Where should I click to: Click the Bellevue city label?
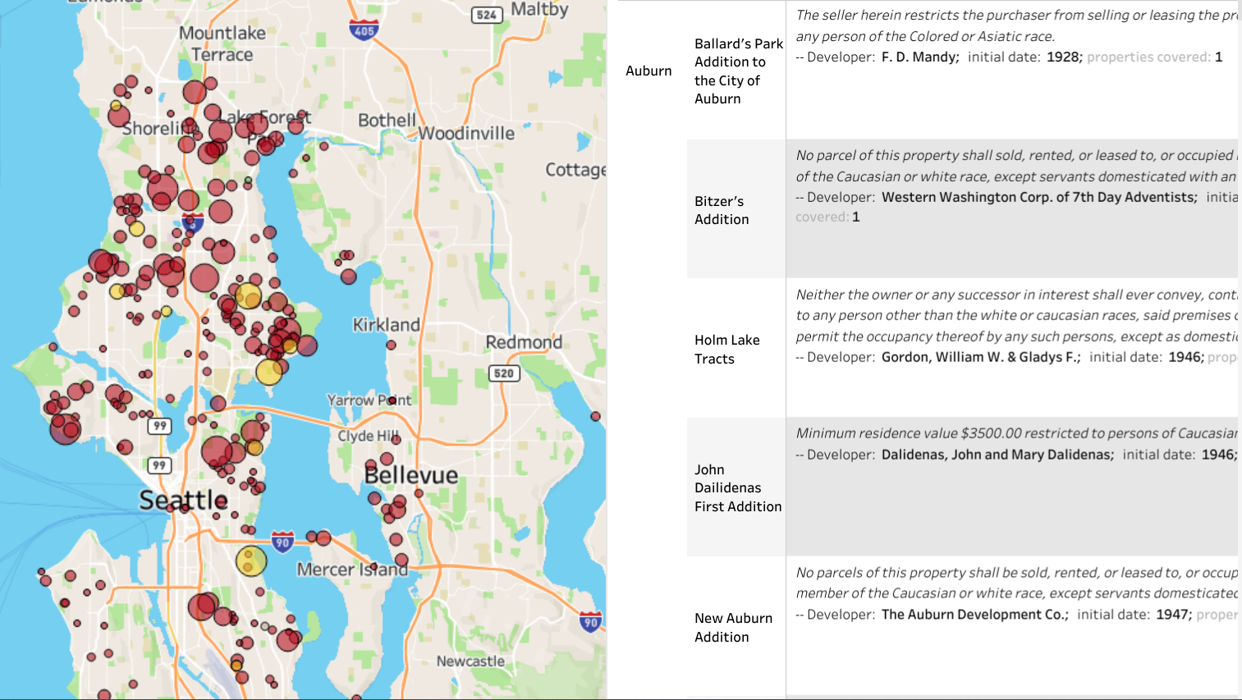[410, 475]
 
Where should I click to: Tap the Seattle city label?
[183, 500]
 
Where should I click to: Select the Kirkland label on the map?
[386, 325]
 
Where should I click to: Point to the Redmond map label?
[524, 342]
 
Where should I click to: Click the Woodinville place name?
[466, 133]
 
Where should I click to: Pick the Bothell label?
[387, 120]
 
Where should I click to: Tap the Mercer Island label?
[352, 569]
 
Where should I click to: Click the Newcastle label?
[470, 661]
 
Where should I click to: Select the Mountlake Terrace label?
[222, 43]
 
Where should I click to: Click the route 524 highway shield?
[487, 15]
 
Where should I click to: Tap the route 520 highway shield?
[503, 373]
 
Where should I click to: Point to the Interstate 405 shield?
[364, 30]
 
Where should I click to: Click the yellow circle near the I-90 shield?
[251, 561]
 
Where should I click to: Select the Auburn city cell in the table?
[648, 71]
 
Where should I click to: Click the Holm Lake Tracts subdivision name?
[726, 349]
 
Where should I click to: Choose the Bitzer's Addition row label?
[722, 210]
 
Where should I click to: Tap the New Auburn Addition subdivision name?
[733, 627]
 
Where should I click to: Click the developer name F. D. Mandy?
[919, 57]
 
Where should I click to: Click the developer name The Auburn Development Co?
[974, 615]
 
